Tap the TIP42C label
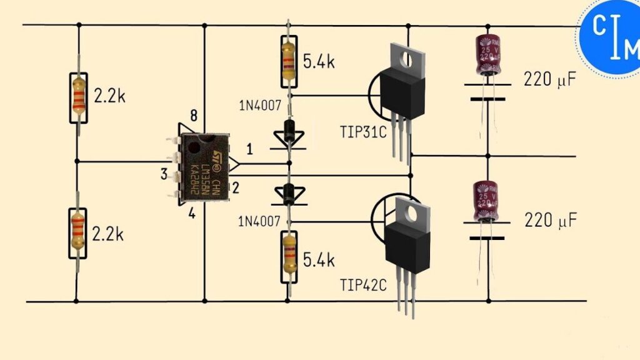coord(363,286)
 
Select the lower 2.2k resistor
coord(77,230)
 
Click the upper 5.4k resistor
coord(288,61)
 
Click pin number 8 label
coord(194,116)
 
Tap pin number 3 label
coord(164,174)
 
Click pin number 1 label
coord(249,150)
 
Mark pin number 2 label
coord(237,187)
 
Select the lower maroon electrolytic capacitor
coord(486,201)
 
